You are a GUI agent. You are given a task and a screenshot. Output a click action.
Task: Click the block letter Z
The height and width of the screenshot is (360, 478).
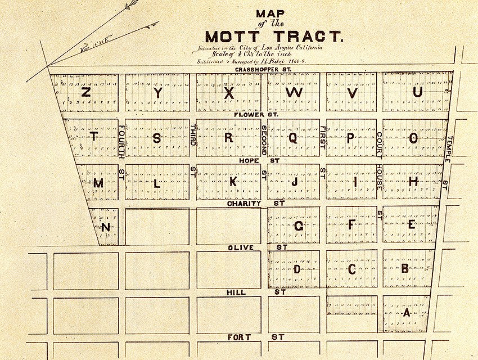point(86,92)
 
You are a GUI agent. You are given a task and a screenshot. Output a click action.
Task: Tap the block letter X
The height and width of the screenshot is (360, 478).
point(229,93)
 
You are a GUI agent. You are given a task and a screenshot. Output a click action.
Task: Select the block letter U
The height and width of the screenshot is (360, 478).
point(417,92)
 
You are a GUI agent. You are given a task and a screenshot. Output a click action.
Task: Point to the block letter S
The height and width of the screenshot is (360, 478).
point(157,138)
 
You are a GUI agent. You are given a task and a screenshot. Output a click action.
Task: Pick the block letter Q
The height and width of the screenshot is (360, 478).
point(293,138)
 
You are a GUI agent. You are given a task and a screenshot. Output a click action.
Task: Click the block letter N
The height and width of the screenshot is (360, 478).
point(106,227)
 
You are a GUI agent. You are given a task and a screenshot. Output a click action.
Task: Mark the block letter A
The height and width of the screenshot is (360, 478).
point(407,313)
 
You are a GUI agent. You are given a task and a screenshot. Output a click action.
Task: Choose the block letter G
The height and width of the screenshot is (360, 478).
point(299,226)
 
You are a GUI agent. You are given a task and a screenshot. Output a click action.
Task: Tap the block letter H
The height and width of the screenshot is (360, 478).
point(413,182)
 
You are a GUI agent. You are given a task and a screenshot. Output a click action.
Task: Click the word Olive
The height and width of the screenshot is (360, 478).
point(241,247)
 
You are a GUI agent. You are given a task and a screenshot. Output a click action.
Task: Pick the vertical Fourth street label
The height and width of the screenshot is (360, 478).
point(121,142)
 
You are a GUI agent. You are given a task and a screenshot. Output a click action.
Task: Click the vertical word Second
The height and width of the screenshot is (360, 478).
point(264,141)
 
